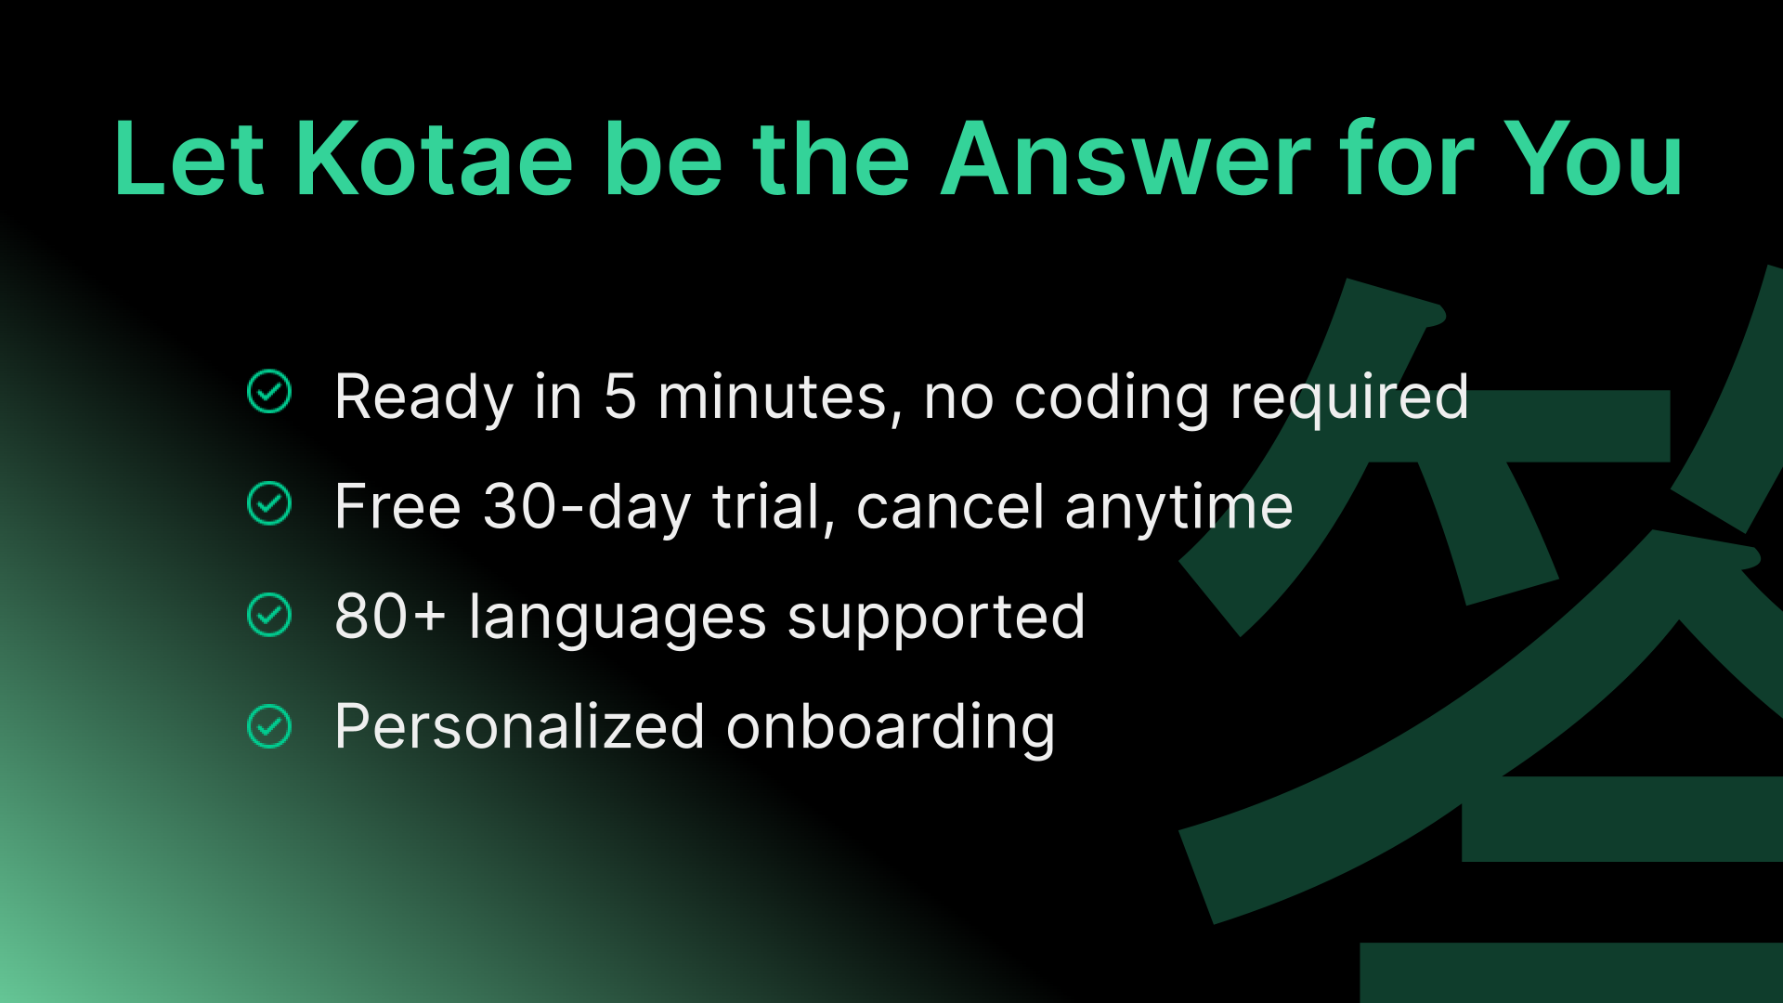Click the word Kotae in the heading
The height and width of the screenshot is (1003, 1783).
(x=435, y=160)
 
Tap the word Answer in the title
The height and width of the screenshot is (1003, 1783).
(x=1126, y=160)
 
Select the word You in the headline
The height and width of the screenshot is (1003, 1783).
(x=1593, y=160)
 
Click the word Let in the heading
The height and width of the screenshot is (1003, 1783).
(x=189, y=160)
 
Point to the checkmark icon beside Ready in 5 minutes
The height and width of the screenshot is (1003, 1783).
(x=269, y=391)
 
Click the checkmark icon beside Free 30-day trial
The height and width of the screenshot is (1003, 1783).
(x=269, y=503)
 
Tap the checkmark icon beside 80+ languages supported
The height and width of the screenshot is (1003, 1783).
(x=269, y=615)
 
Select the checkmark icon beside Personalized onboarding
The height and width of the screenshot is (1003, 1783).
(x=269, y=726)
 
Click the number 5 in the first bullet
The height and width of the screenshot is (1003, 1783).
(x=620, y=397)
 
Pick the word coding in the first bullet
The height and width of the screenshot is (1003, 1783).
(x=1112, y=399)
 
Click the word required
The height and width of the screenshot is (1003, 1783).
(x=1349, y=399)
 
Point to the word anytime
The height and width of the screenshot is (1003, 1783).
(x=1178, y=510)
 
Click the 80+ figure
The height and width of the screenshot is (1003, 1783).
(x=390, y=617)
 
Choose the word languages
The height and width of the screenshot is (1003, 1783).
(x=618, y=619)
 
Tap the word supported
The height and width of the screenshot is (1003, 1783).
(x=936, y=619)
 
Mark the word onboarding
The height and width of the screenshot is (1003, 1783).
(x=891, y=729)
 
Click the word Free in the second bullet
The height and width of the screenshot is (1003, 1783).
(x=397, y=507)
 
